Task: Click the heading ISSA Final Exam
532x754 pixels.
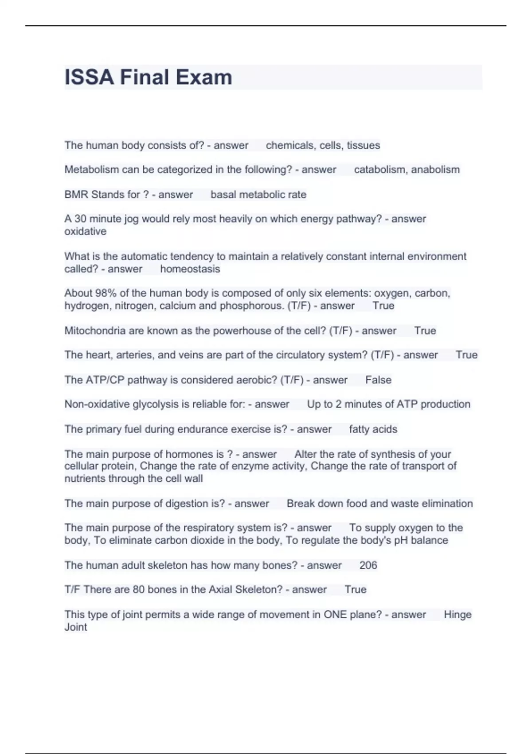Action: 148,77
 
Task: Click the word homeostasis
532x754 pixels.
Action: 190,269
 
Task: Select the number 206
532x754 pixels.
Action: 368,565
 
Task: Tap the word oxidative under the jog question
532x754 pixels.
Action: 85,232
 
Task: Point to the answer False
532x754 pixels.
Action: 378,380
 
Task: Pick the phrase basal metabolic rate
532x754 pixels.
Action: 258,195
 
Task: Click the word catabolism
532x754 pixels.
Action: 379,170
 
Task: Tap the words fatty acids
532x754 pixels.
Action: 373,429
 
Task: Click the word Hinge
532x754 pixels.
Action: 458,615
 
